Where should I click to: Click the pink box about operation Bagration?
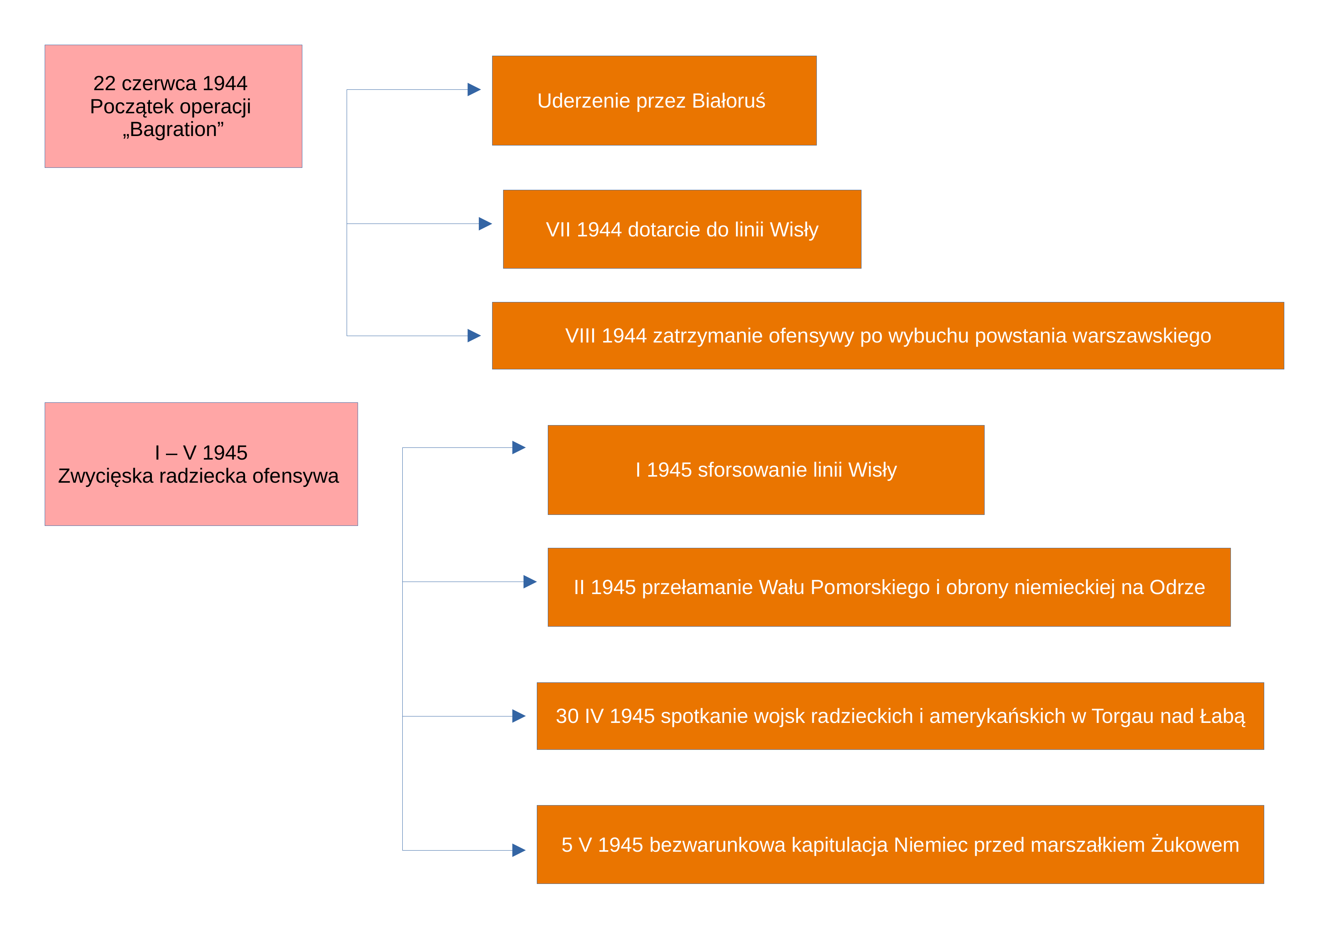point(173,106)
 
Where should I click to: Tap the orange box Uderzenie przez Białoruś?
point(654,101)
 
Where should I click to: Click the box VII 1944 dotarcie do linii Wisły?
point(682,229)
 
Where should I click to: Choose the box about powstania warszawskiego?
point(888,336)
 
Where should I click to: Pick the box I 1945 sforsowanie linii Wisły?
point(766,470)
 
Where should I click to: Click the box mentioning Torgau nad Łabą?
point(900,716)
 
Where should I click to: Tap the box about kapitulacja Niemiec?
point(900,845)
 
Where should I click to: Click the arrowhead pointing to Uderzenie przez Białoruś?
point(474,90)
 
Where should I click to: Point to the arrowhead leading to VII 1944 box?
point(485,224)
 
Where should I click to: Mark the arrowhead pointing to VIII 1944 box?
point(474,336)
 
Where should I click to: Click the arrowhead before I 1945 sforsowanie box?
point(519,447)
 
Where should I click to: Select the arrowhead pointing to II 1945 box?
point(530,582)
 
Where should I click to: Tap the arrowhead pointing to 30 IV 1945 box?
point(519,716)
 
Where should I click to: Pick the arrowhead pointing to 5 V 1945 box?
point(519,850)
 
